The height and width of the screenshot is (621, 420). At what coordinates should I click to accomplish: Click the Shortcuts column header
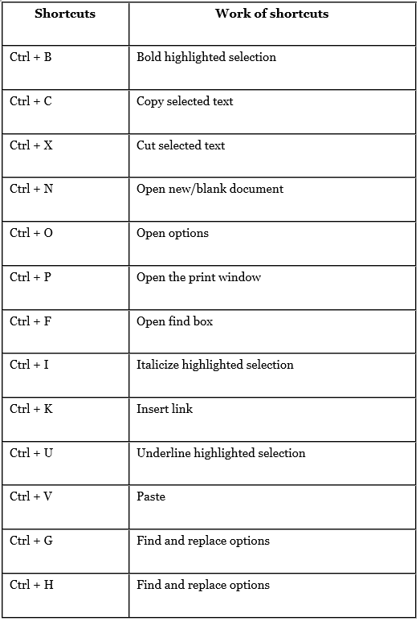(65, 14)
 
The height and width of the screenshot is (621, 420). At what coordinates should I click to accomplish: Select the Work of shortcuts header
(271, 14)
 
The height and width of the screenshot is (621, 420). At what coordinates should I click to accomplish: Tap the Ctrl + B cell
(31, 58)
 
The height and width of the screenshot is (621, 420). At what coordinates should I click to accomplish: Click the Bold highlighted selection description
(206, 58)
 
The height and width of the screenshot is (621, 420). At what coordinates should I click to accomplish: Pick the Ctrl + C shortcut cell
(31, 102)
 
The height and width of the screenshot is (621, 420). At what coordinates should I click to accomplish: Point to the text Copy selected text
(185, 102)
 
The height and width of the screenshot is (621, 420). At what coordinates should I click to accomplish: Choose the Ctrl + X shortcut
(31, 146)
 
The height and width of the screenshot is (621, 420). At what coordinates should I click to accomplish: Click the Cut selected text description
(181, 146)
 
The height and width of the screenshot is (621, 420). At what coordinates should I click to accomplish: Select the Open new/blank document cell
(210, 190)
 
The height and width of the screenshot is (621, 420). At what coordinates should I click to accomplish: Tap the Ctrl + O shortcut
(31, 234)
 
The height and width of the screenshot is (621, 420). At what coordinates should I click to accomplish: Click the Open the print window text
(198, 278)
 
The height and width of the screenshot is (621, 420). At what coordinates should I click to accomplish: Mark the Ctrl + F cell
(31, 322)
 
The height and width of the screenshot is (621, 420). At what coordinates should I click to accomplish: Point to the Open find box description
(174, 322)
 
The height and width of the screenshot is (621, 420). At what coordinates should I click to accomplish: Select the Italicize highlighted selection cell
(214, 366)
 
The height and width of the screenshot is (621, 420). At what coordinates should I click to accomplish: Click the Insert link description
(165, 410)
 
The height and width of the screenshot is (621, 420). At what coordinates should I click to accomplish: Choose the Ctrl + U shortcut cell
(31, 454)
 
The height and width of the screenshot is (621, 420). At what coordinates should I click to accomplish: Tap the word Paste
(151, 497)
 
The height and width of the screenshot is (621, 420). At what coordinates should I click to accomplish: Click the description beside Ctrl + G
(202, 541)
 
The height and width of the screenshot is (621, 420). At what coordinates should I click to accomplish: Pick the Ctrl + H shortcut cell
(31, 586)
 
